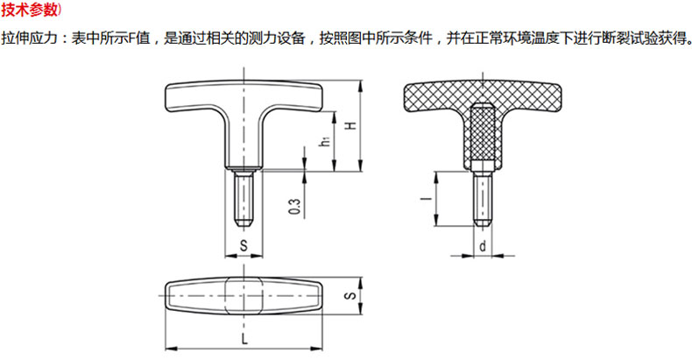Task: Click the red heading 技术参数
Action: (29, 10)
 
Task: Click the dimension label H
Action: (351, 125)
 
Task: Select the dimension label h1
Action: (326, 141)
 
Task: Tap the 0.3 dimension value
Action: (295, 207)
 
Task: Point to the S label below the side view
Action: (244, 246)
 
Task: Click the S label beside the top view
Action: (350, 295)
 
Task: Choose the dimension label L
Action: (244, 339)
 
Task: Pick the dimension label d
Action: (483, 245)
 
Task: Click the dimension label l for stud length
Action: (427, 199)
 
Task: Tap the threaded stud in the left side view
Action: (244, 198)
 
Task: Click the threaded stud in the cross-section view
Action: (483, 199)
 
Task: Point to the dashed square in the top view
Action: (244, 295)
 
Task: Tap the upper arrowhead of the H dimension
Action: (361, 86)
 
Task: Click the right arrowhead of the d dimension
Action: (498, 255)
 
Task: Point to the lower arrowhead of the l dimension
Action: (436, 221)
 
